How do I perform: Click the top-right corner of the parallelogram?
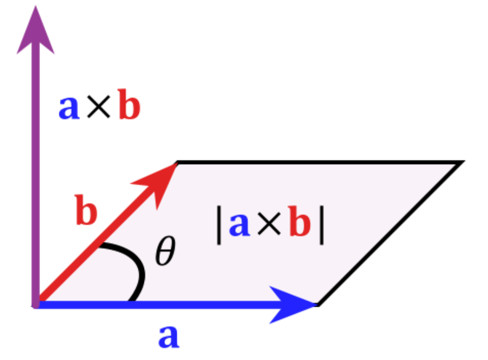point(460,163)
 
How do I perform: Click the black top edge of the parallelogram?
point(318,163)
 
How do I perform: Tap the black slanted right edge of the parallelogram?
point(390,233)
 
